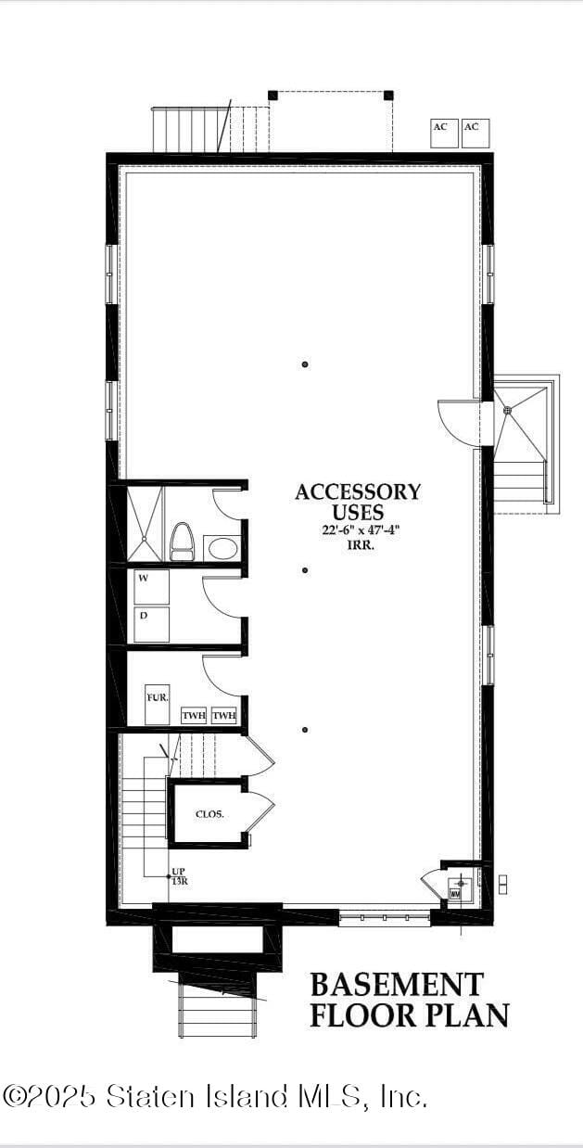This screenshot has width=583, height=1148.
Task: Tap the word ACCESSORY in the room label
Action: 358,492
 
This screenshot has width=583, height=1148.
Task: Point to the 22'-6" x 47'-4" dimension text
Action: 358,530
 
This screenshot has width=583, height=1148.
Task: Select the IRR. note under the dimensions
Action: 358,544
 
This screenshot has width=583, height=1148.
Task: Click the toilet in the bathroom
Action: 182,542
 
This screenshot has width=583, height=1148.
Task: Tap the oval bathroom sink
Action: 222,548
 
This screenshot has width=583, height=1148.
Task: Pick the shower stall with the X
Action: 144,524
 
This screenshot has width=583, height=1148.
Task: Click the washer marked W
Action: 151,587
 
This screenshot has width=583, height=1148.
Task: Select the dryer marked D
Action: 151,624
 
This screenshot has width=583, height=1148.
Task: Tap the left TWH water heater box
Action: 194,716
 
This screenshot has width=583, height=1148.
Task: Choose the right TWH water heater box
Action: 224,716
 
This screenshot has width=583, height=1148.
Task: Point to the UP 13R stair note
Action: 179,877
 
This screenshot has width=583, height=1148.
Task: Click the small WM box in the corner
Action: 455,894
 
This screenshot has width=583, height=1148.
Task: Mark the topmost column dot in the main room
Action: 305,365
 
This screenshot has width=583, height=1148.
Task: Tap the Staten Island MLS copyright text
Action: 215,1097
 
